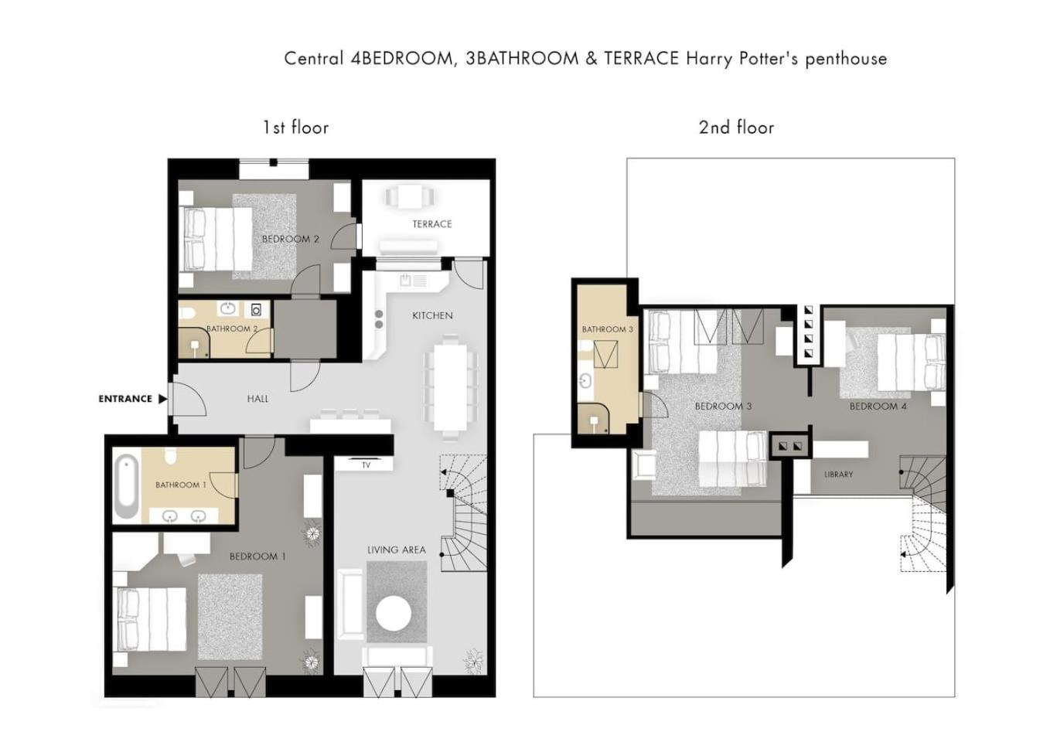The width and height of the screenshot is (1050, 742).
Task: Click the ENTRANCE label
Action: [x=125, y=399]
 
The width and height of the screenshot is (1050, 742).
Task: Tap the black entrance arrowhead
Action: [x=162, y=399]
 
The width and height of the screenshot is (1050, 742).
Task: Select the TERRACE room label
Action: [x=432, y=224]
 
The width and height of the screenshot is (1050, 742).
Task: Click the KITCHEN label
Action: [x=433, y=315]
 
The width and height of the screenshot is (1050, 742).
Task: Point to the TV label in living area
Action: [x=366, y=465]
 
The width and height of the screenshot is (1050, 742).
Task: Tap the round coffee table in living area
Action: [x=394, y=613]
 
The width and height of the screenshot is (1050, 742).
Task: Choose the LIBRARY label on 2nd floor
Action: [x=839, y=475]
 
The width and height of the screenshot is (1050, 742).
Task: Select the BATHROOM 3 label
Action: [x=608, y=329]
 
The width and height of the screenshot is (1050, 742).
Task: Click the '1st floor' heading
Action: [x=296, y=128]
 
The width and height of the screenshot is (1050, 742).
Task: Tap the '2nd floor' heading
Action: [x=736, y=128]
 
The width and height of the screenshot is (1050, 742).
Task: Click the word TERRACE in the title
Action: [x=642, y=59]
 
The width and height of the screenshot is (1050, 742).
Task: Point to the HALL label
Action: [x=257, y=399]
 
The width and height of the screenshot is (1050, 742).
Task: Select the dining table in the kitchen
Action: [x=450, y=387]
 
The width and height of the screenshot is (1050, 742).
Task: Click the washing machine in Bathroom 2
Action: [x=257, y=310]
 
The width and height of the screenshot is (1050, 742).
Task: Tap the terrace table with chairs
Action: [x=410, y=197]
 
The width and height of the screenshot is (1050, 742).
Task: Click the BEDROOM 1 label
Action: [x=257, y=556]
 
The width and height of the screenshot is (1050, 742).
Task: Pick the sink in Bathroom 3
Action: [x=585, y=381]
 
